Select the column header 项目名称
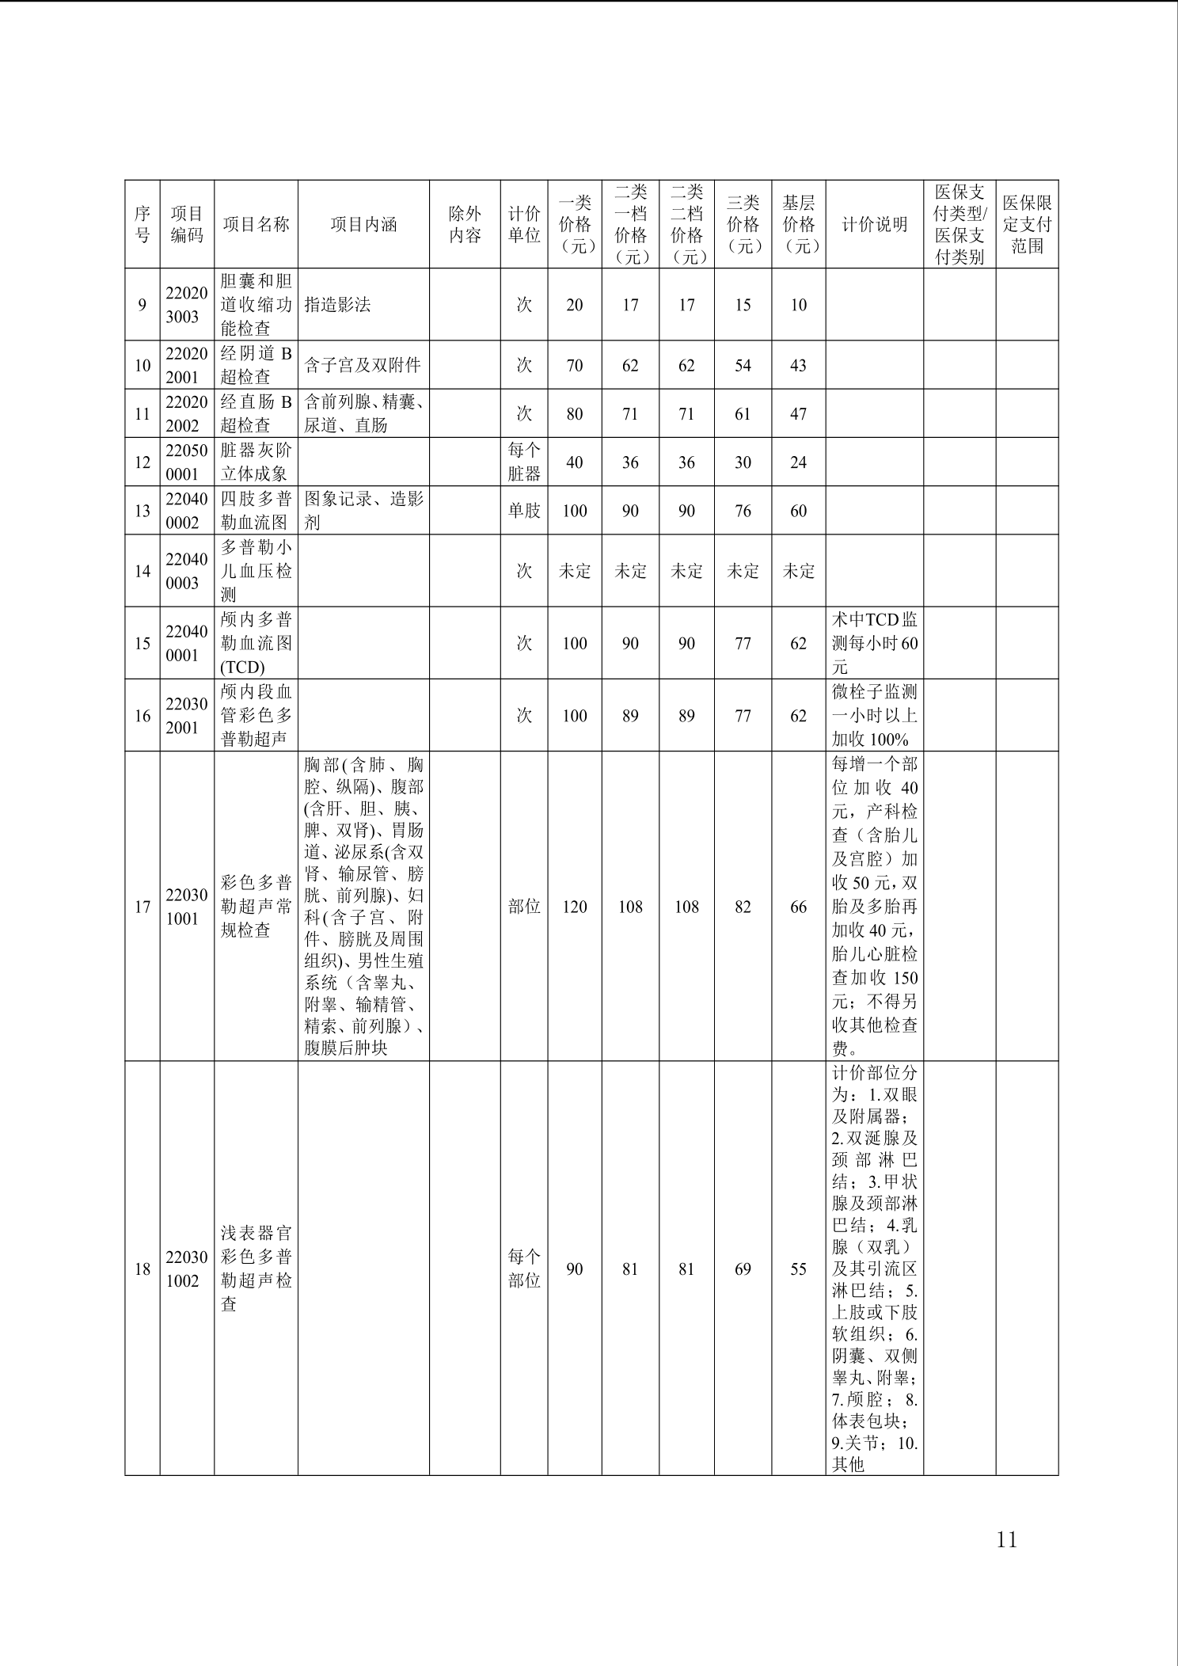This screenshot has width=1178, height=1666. [x=256, y=225]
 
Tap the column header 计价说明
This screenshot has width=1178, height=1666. [x=874, y=225]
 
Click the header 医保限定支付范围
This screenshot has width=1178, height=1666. [x=1027, y=225]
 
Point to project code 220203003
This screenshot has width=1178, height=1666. [x=187, y=305]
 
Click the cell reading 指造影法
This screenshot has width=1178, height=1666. [x=337, y=305]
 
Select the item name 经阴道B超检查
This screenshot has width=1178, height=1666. [x=256, y=365]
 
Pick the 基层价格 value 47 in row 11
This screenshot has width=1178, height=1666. [x=798, y=413]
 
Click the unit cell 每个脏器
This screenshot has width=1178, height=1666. [x=523, y=462]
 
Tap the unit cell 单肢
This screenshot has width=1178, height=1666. [x=523, y=511]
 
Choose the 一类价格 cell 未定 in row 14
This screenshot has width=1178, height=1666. [x=574, y=571]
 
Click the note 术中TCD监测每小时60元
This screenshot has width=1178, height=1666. [x=874, y=643]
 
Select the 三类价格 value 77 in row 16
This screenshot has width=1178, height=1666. [x=743, y=716]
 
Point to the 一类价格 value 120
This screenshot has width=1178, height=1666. [x=574, y=907]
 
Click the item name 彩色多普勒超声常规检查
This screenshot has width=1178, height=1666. [x=256, y=907]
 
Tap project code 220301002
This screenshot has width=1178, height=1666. [x=187, y=1269]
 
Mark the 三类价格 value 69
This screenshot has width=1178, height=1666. [x=743, y=1269]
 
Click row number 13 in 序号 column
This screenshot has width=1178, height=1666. [x=142, y=511]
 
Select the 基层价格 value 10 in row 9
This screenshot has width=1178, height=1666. [x=798, y=305]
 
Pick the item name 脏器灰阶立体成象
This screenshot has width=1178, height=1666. [x=256, y=462]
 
